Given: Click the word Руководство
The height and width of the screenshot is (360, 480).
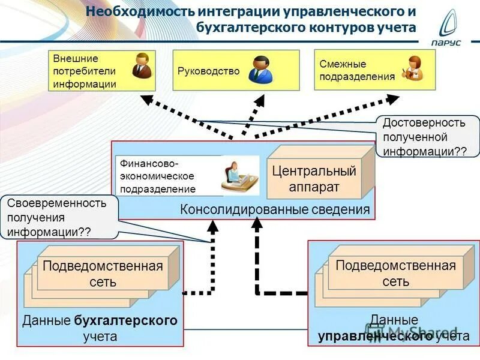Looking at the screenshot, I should point(208,71).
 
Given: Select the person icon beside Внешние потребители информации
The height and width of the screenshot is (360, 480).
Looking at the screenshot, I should point(142,67).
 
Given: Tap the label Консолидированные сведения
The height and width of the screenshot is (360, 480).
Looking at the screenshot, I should point(275,209).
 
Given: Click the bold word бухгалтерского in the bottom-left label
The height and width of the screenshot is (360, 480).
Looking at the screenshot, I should point(126,320).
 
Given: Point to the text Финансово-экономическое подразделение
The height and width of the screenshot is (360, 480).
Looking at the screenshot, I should point(157,176).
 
